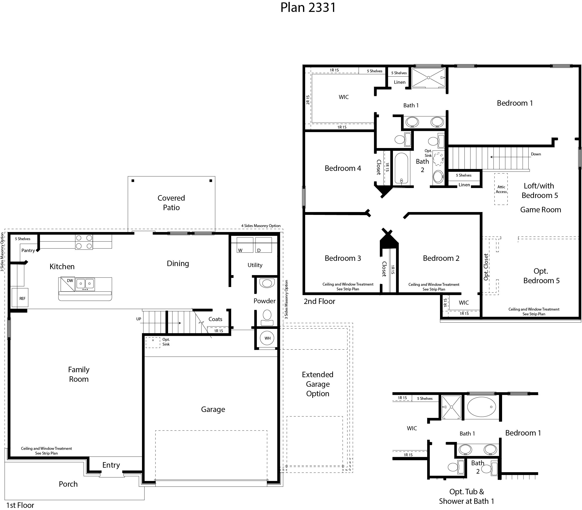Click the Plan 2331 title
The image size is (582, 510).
[x=308, y=8]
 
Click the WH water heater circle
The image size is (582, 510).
[x=267, y=338]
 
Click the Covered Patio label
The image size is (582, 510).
[x=171, y=203]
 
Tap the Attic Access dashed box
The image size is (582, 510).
[x=501, y=189]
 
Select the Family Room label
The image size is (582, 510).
[x=79, y=374]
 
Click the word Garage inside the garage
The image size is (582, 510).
[x=213, y=409]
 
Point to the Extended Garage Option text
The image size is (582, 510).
[x=318, y=384]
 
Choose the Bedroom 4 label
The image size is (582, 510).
[x=343, y=168]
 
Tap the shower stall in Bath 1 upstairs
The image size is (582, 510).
[x=428, y=77]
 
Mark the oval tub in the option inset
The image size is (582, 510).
[x=481, y=407]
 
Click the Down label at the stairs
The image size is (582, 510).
[x=536, y=154]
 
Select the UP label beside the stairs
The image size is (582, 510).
[x=138, y=319]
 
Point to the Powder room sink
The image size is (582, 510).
[x=267, y=283]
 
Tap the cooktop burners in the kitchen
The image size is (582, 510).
[x=84, y=242]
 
